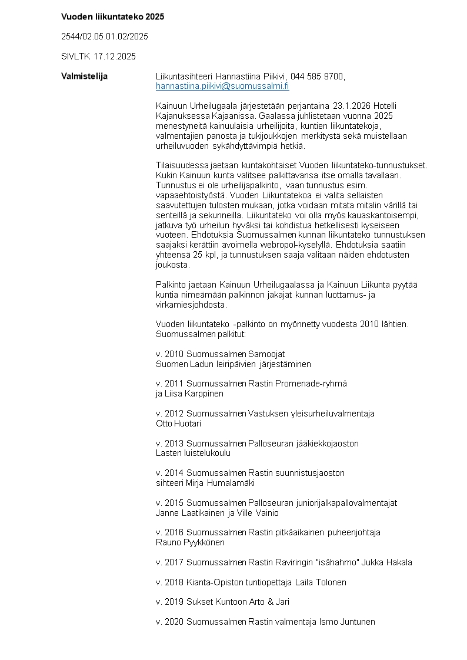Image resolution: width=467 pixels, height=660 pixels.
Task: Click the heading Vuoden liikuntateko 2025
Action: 112,16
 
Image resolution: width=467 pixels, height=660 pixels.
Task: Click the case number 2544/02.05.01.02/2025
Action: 105,36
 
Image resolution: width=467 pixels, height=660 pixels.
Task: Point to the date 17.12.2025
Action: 115,56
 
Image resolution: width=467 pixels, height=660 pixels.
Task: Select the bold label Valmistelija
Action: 84,76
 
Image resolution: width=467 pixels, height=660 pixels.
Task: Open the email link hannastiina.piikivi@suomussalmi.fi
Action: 222,86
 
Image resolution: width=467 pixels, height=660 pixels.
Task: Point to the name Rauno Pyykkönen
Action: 190,542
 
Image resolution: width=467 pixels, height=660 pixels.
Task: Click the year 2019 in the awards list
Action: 174,602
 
